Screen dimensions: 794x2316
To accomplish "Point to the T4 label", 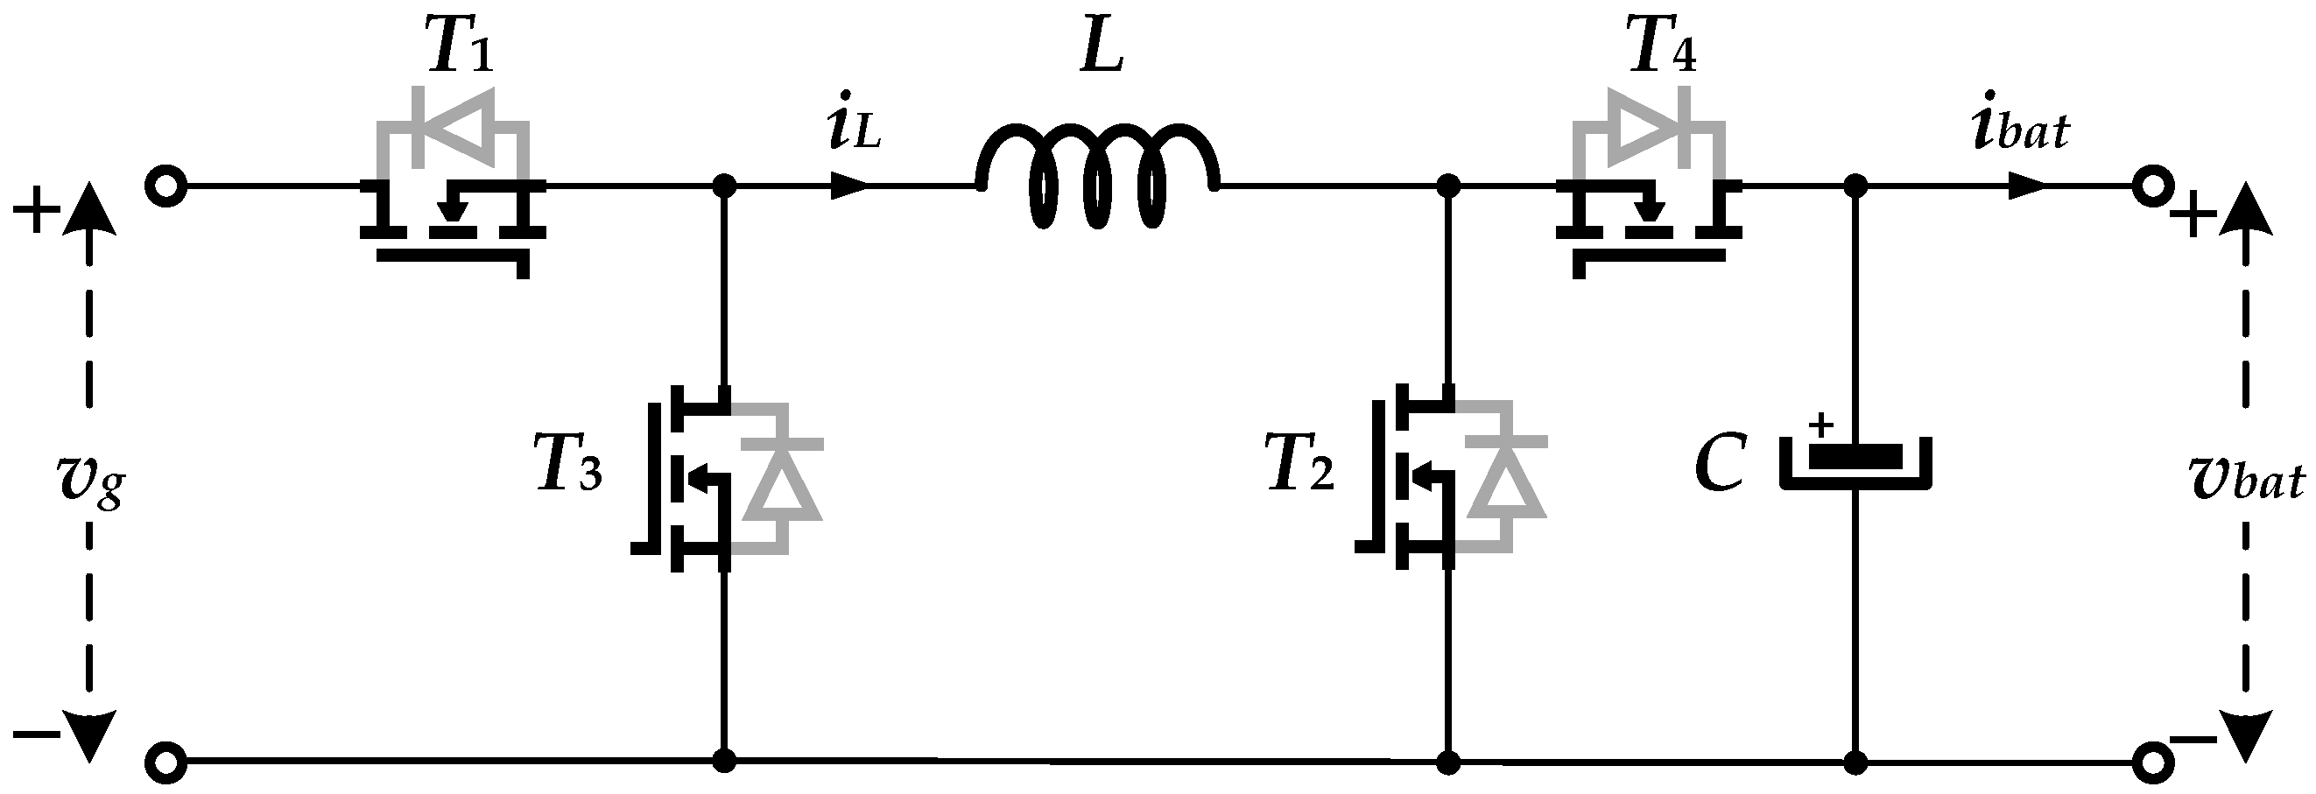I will [x=1662, y=48].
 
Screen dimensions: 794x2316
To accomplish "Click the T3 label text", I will [x=569, y=464].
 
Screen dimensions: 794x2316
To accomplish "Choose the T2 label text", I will [x=1300, y=464].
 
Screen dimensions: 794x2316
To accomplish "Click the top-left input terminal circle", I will [x=165, y=187].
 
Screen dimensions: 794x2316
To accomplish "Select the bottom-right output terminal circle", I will [x=2153, y=762].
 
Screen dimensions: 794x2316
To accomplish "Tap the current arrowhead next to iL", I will [x=848, y=186].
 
